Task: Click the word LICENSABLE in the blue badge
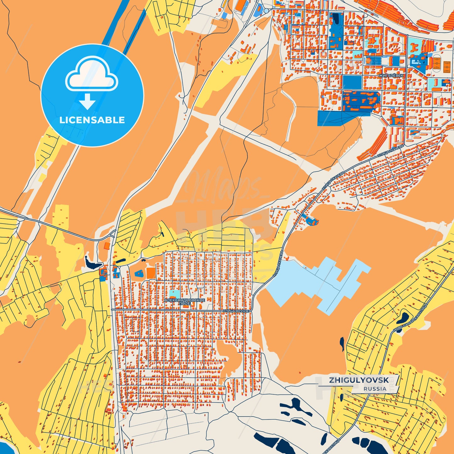[x=92, y=120]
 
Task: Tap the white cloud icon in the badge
[x=91, y=76]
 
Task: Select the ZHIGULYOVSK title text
[x=359, y=380]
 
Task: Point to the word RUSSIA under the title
[x=375, y=389]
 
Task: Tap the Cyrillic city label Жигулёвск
[x=391, y=76]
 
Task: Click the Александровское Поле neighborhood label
[x=184, y=302]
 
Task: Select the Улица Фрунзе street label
[x=236, y=311]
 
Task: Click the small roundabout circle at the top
[x=266, y=11]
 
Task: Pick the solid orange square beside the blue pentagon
[x=150, y=273]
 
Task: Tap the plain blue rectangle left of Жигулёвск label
[x=352, y=82]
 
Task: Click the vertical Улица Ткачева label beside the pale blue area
[x=278, y=264]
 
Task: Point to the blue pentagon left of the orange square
[x=139, y=273]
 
